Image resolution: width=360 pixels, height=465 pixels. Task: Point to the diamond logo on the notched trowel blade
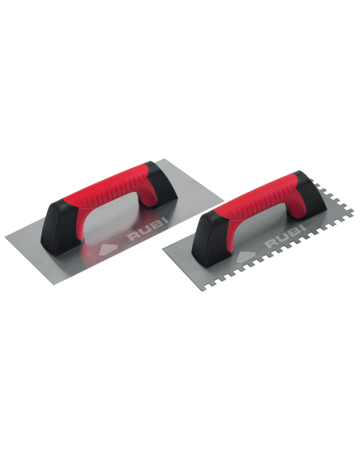click(245, 257)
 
